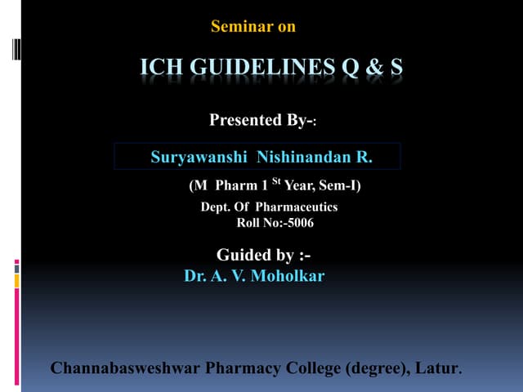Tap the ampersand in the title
point(374,67)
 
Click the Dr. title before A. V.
point(195,276)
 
